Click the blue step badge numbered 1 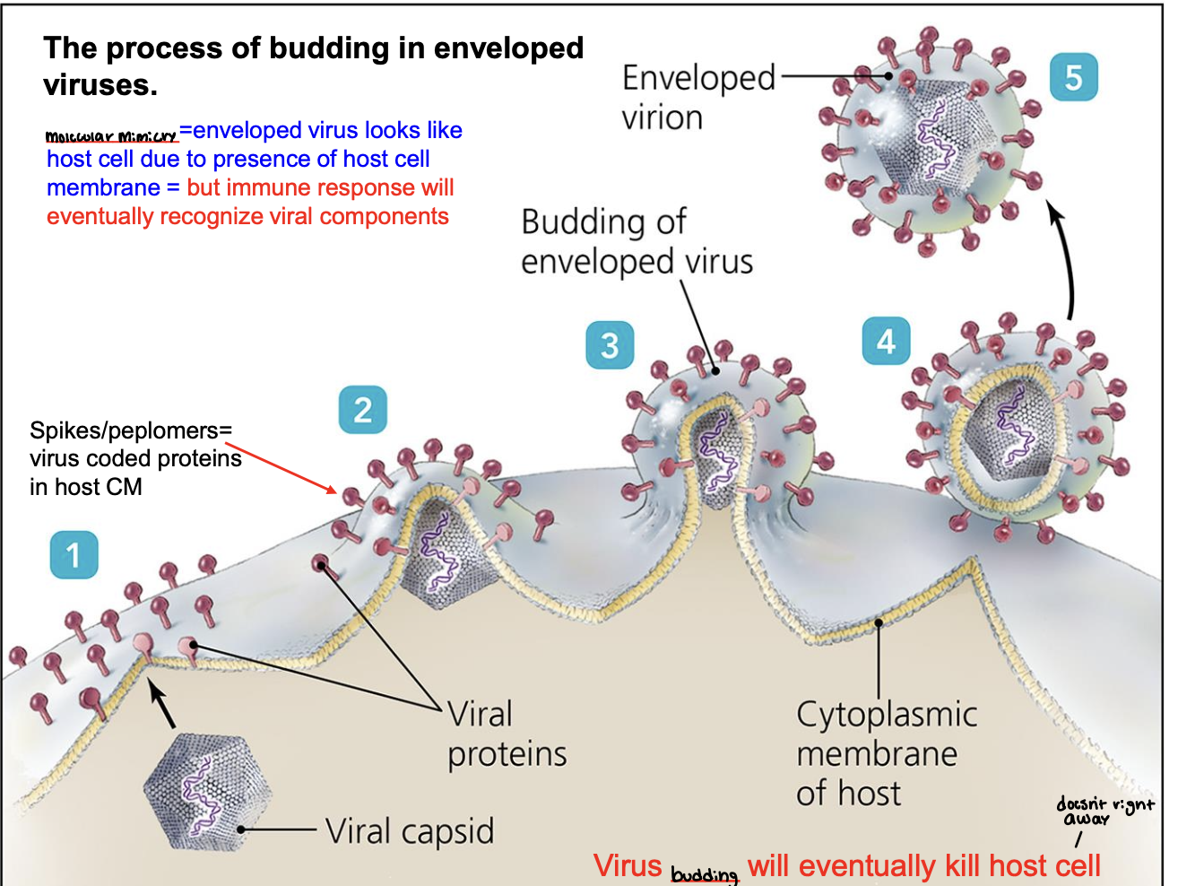point(74,555)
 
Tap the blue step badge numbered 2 point(362,410)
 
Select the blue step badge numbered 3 point(610,345)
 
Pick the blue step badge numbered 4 point(886,341)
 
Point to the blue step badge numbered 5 point(1073,77)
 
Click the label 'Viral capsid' point(410,831)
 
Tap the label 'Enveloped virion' point(697,97)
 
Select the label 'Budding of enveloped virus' point(637,241)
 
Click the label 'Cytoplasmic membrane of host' point(886,753)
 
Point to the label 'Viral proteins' point(507,734)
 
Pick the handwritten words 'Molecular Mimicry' point(111,136)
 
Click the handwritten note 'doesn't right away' point(1104,811)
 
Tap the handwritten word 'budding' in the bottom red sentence point(704,873)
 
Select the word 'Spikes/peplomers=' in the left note point(131,430)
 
